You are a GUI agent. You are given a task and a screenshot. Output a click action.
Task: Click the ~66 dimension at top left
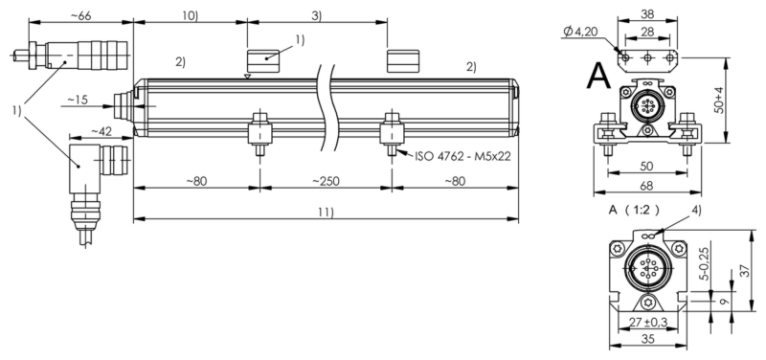(x=81, y=14)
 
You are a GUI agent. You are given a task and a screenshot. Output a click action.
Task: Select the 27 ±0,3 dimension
(x=648, y=323)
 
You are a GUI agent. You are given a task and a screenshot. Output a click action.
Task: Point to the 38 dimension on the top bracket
(x=647, y=14)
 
